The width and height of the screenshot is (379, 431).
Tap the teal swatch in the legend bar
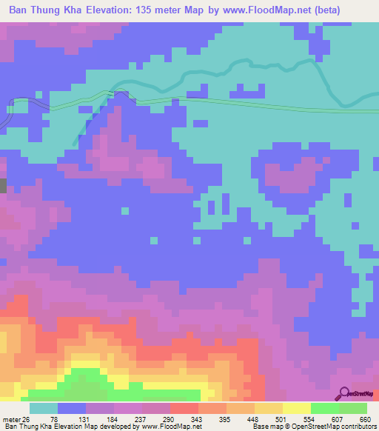(44, 408)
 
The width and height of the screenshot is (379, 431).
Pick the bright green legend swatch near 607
(324, 408)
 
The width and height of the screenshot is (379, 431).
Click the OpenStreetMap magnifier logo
(346, 394)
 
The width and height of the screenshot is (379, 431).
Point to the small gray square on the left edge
(2, 185)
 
